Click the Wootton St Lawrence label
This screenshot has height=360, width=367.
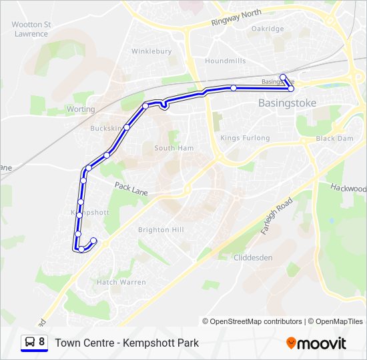tap(31, 29)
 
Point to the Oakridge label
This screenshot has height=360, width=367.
tap(268, 29)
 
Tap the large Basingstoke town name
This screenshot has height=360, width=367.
tap(287, 103)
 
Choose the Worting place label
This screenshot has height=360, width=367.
tap(81, 109)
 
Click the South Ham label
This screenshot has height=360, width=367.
tap(173, 148)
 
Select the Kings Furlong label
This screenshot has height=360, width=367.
tap(245, 138)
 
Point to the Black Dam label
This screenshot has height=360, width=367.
tap(334, 138)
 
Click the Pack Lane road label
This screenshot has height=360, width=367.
tap(131, 189)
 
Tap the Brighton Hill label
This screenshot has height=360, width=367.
tap(160, 229)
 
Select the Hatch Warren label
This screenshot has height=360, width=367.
tap(121, 282)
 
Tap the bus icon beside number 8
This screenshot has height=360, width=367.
tap(30, 342)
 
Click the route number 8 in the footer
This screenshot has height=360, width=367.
tap(42, 342)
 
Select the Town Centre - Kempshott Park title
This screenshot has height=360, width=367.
tap(127, 343)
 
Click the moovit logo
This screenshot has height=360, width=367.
tap(316, 343)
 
